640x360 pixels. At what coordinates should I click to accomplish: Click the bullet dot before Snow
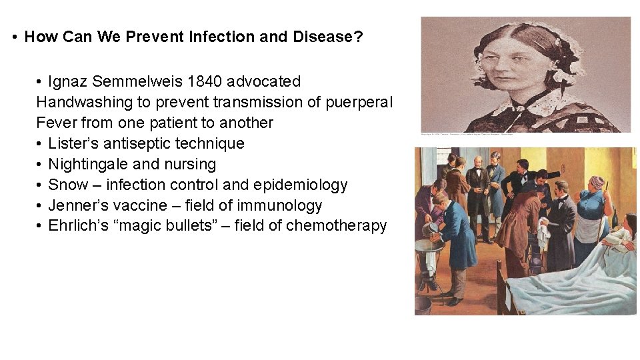coord(40,185)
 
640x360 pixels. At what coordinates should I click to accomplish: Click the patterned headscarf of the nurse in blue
coord(597,182)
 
